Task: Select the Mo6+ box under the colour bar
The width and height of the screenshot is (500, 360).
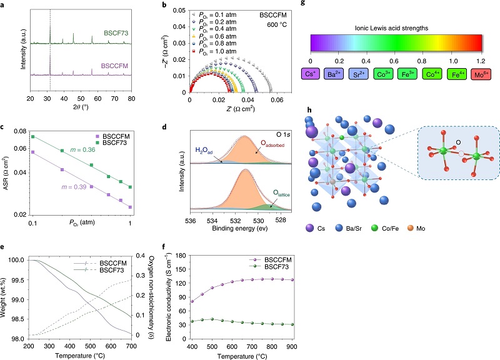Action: pos(471,74)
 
